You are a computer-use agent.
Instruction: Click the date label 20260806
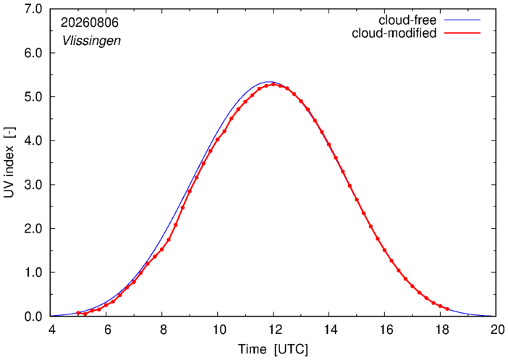pyautogui.click(x=90, y=22)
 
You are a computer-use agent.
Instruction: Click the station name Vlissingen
pyautogui.click(x=91, y=41)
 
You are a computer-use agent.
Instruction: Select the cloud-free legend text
pyautogui.click(x=407, y=20)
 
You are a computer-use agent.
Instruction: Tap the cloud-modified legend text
pyautogui.click(x=394, y=33)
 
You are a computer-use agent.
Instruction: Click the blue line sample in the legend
pyautogui.click(x=462, y=20)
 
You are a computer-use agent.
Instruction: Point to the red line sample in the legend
pyautogui.click(x=462, y=33)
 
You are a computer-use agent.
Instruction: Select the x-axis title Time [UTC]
pyautogui.click(x=273, y=349)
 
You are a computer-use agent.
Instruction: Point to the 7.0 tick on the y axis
pyautogui.click(x=33, y=9)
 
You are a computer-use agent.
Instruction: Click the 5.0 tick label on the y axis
pyautogui.click(x=33, y=96)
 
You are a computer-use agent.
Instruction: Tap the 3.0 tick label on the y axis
pyautogui.click(x=33, y=185)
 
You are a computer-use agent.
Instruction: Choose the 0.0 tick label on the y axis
pyautogui.click(x=33, y=317)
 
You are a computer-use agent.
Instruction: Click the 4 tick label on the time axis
pyautogui.click(x=52, y=330)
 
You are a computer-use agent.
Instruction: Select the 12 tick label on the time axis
pyautogui.click(x=273, y=330)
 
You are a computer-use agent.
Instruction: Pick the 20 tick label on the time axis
pyautogui.click(x=496, y=330)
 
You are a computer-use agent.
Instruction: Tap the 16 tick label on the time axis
pyautogui.click(x=384, y=330)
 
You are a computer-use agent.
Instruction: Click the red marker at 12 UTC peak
pyautogui.click(x=273, y=84)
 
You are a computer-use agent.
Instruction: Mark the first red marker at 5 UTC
pyautogui.click(x=78, y=313)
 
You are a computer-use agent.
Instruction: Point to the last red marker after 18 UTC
pyautogui.click(x=447, y=309)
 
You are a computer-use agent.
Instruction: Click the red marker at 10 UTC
pyautogui.click(x=217, y=140)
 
